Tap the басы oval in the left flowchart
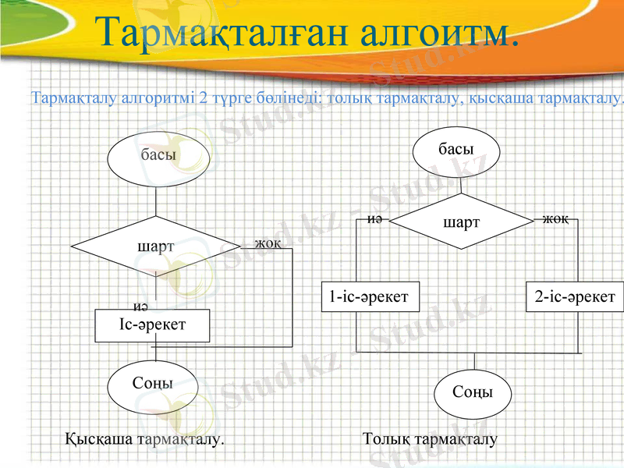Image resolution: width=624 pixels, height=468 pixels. point(156,156)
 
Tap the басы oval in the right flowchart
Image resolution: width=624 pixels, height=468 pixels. point(456,149)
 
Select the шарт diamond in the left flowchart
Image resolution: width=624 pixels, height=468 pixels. point(156,246)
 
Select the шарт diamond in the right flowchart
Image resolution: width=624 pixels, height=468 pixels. point(462,223)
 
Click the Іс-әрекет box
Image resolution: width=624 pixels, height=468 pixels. point(153,325)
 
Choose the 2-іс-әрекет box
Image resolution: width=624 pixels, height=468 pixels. point(575,296)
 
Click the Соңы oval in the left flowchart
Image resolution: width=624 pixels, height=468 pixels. point(153,385)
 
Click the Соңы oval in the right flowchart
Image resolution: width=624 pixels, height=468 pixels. point(473,392)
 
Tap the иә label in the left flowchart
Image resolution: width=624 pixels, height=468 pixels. point(141,305)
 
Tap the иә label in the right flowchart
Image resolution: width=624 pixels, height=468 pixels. point(374,219)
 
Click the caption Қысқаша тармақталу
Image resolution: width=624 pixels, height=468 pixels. point(144,439)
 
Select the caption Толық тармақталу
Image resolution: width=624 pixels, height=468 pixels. point(430,439)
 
